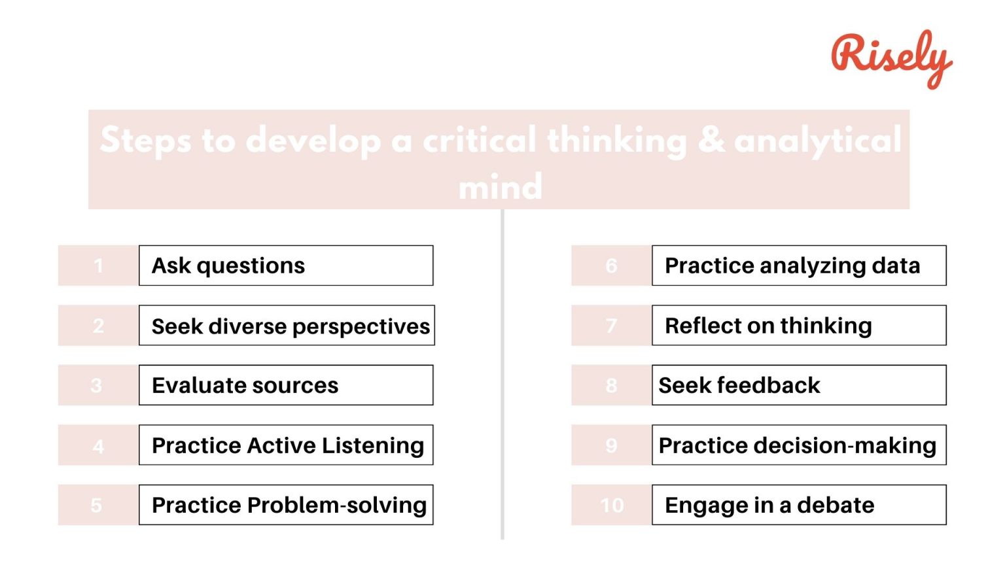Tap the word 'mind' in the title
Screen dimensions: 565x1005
point(501,187)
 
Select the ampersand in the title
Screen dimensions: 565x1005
point(711,139)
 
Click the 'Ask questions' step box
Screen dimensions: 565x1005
point(286,265)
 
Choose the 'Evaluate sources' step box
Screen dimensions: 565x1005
point(286,385)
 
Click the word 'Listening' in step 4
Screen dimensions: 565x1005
point(372,445)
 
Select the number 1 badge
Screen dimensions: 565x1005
point(98,265)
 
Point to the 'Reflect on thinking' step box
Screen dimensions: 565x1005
point(799,326)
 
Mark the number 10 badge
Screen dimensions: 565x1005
point(612,505)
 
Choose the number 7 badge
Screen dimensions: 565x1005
point(611,326)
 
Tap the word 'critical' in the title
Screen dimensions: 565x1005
point(480,139)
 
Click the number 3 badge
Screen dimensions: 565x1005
point(97,385)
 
